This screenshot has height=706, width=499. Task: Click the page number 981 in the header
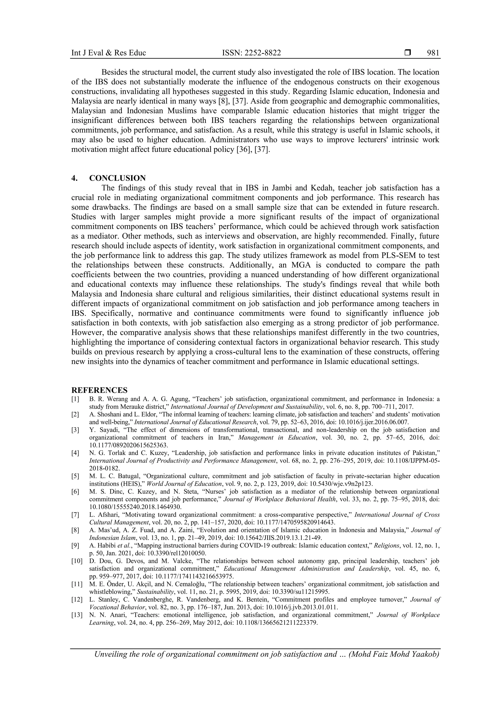pyautogui.click(x=433, y=53)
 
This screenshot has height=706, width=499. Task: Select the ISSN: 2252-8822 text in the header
pyautogui.click(x=251, y=53)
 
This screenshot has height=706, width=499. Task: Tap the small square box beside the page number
pyautogui.click(x=408, y=53)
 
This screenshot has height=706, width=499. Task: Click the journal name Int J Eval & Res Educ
pyautogui.click(x=108, y=53)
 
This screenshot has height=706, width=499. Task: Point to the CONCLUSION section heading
pyautogui.click(x=117, y=178)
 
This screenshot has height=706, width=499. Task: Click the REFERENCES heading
pyautogui.click(x=99, y=390)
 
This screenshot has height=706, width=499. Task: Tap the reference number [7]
pyautogui.click(x=75, y=515)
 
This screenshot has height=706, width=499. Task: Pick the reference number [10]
pyautogui.click(x=77, y=561)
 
